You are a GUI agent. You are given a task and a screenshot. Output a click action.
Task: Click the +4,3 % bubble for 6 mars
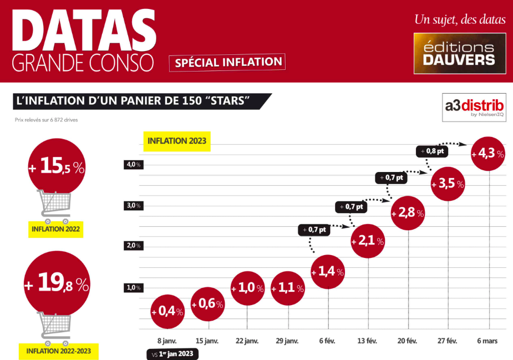pyautogui.click(x=489, y=154)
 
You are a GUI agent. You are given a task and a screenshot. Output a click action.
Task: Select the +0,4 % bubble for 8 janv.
pyautogui.click(x=167, y=312)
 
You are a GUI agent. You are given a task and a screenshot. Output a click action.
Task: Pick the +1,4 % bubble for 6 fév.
pyautogui.click(x=328, y=272)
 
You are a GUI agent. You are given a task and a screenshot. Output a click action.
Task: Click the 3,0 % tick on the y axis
pyautogui.click(x=133, y=206)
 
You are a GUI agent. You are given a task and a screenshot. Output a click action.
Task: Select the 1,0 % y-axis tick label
pyautogui.click(x=133, y=287)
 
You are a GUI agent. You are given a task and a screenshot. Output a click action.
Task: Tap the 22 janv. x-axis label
pyautogui.click(x=247, y=341)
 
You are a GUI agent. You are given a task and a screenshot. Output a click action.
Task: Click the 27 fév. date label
pyautogui.click(x=448, y=341)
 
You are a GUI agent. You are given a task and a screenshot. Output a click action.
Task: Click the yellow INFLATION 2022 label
pyautogui.click(x=56, y=229)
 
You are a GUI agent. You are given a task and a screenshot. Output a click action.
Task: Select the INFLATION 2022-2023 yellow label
pyautogui.click(x=59, y=351)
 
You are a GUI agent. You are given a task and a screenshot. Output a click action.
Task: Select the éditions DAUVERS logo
pyautogui.click(x=460, y=53)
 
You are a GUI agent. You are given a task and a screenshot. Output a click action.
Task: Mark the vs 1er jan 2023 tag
pyautogui.click(x=171, y=354)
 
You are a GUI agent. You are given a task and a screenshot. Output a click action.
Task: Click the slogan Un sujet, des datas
pyautogui.click(x=460, y=20)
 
